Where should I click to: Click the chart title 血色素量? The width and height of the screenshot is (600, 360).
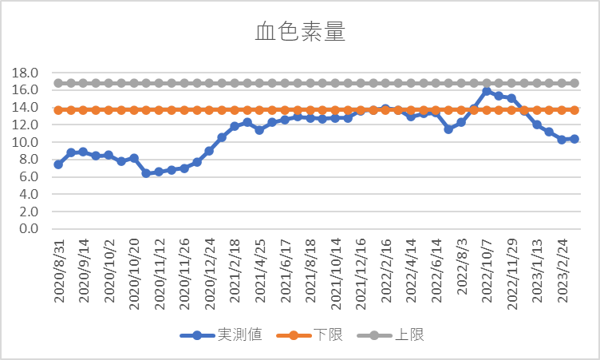pyautogui.click(x=299, y=32)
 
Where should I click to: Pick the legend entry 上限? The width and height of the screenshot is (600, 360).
pyautogui.click(x=409, y=334)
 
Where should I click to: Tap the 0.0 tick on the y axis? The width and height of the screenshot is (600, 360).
pyautogui.click(x=30, y=229)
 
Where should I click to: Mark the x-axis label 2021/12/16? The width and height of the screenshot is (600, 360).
pyautogui.click(x=361, y=270)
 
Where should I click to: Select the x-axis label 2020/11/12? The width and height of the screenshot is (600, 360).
pyautogui.click(x=160, y=270)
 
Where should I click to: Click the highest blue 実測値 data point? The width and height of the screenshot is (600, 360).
pyautogui.click(x=487, y=92)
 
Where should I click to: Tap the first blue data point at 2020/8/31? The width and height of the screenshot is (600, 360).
pyautogui.click(x=58, y=164)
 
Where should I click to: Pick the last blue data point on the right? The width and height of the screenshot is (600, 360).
pyautogui.click(x=574, y=139)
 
